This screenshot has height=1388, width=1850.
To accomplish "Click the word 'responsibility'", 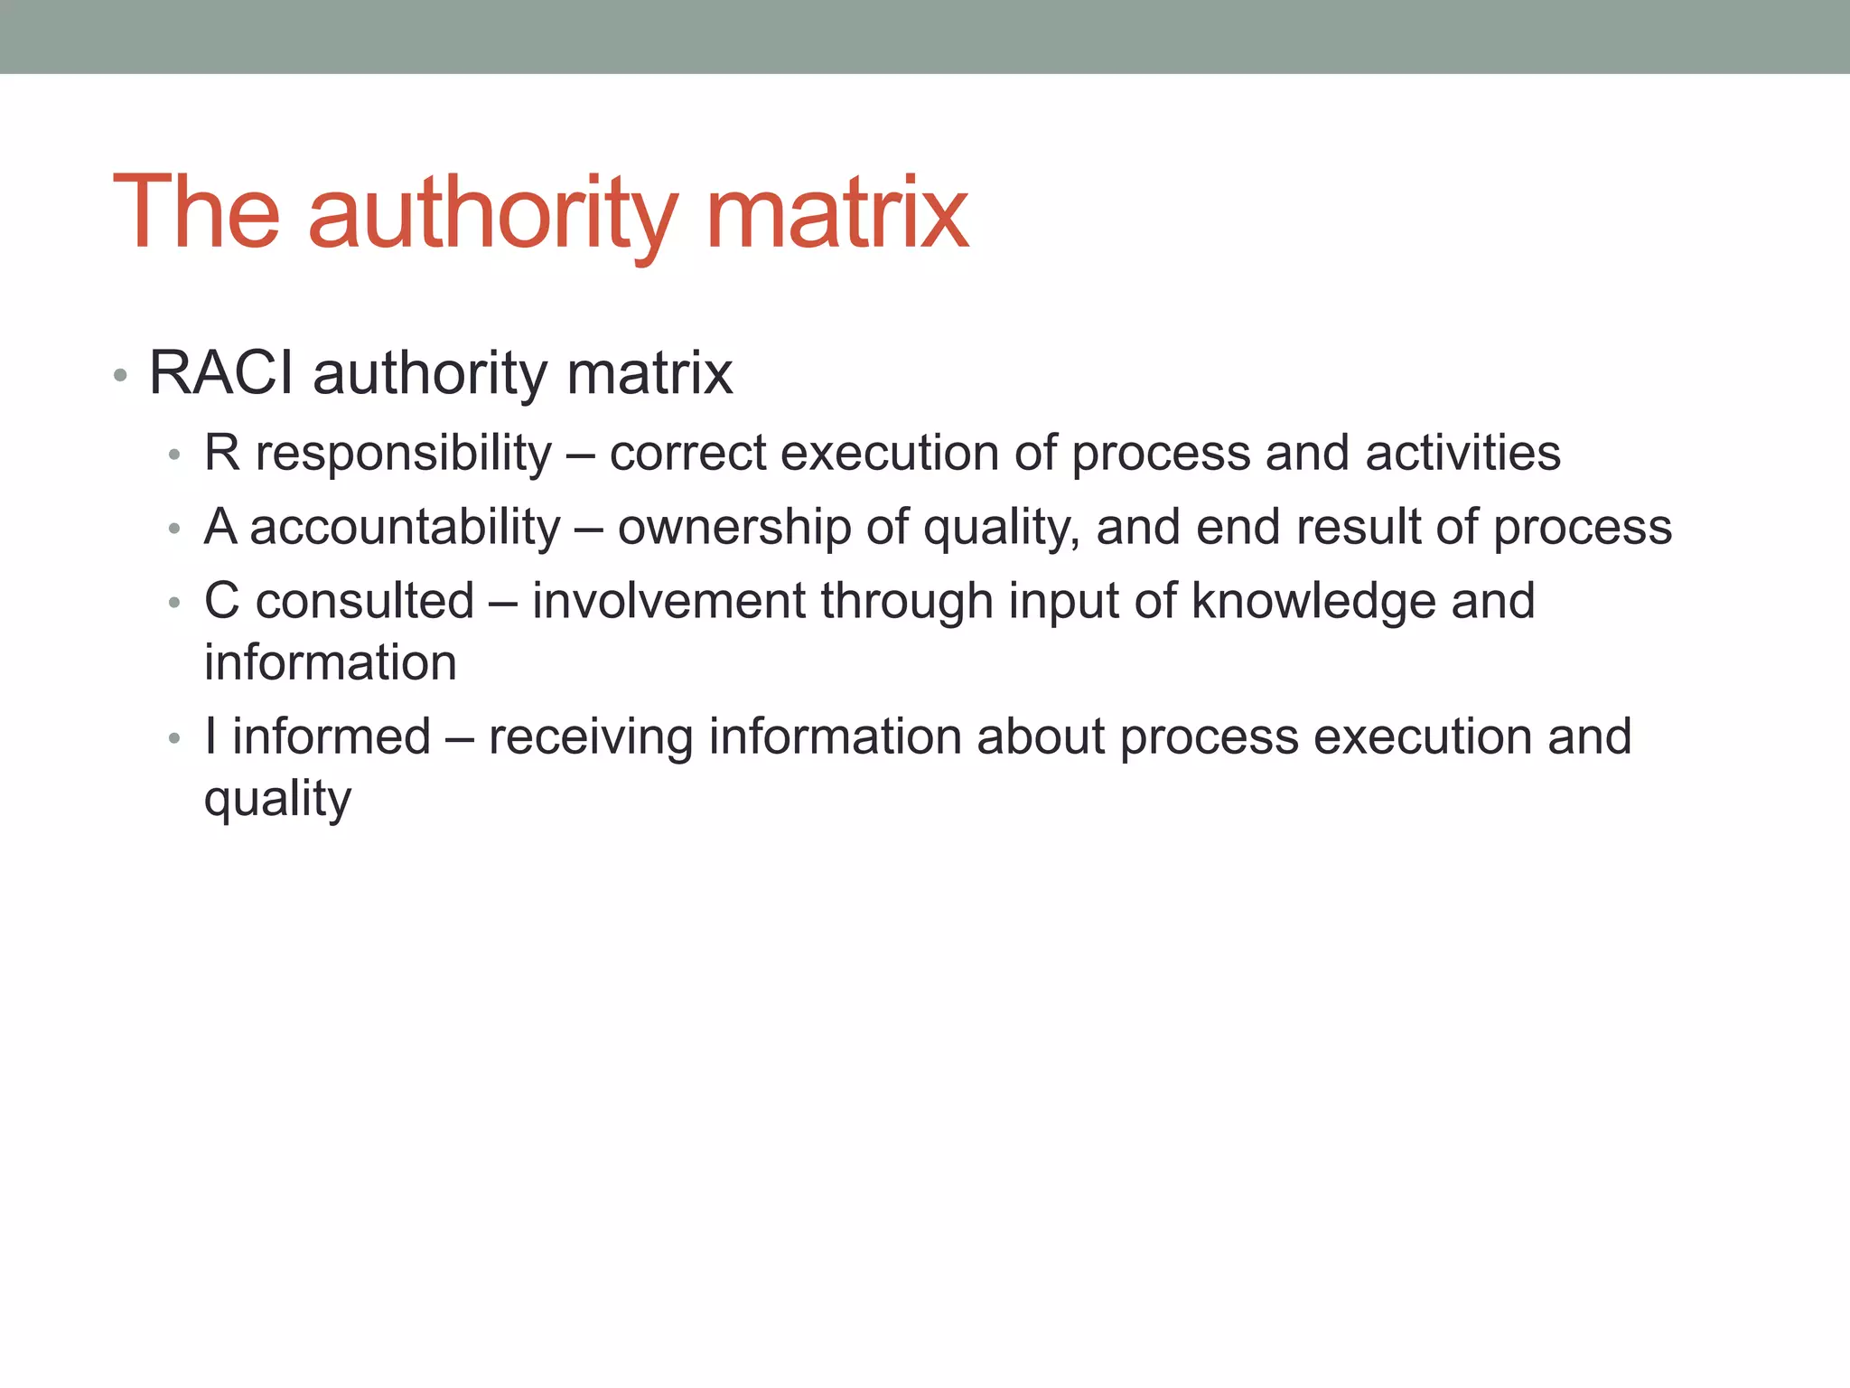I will click(403, 453).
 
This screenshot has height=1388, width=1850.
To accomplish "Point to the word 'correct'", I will click(687, 453).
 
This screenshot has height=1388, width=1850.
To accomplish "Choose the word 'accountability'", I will click(405, 527).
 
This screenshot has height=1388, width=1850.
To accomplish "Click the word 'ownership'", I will click(733, 527).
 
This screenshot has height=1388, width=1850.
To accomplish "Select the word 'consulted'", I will click(364, 601).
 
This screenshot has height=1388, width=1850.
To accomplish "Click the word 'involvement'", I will click(668, 601).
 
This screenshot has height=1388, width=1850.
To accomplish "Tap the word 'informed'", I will click(332, 736).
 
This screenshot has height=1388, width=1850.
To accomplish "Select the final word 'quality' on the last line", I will click(277, 800).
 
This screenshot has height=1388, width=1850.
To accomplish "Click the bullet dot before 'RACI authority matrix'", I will click(120, 375).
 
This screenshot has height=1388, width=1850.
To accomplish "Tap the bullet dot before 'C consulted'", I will click(174, 604).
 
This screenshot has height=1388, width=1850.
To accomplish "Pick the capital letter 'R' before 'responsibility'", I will click(221, 453).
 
